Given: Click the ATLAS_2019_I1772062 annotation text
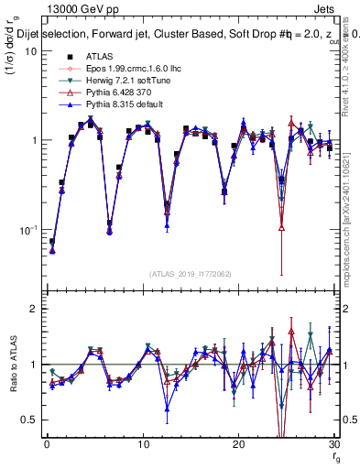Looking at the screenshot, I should [x=190, y=272].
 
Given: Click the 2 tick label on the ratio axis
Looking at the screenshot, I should [x=35, y=309].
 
